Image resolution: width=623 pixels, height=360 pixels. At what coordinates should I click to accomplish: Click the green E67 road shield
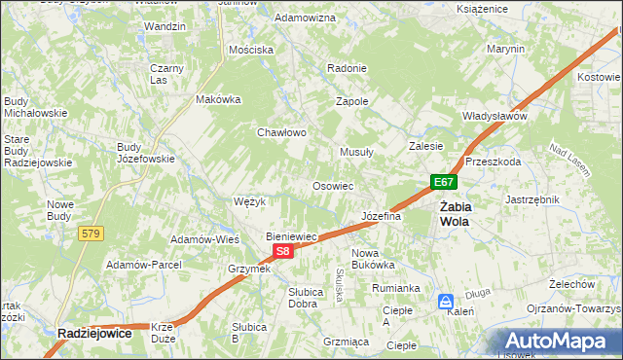[444, 182]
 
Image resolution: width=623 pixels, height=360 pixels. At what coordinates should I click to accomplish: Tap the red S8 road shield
[282, 251]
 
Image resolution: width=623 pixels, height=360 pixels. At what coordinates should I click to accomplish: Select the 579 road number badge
[92, 234]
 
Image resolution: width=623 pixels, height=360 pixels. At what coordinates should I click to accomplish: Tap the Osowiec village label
[331, 185]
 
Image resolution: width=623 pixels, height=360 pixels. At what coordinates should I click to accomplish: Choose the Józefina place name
[381, 216]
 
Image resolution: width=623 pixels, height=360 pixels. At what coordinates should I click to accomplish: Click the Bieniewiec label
[293, 236]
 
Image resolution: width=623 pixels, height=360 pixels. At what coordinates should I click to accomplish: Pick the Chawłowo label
[282, 132]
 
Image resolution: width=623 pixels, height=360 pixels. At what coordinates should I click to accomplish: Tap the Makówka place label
[218, 99]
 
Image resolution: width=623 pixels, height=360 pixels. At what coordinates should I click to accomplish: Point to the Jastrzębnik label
[531, 198]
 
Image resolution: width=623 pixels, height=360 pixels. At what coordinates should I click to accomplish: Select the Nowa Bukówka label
[372, 258]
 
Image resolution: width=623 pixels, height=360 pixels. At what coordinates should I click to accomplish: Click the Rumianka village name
[395, 288]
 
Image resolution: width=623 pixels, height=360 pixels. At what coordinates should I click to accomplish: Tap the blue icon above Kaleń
[445, 301]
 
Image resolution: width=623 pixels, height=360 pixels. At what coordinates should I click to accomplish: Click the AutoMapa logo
[559, 342]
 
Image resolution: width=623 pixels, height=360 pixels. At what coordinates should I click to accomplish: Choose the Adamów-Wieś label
[204, 238]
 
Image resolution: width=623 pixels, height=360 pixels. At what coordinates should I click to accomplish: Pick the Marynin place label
[505, 49]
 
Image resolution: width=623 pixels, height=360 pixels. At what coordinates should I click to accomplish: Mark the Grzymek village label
[248, 269]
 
